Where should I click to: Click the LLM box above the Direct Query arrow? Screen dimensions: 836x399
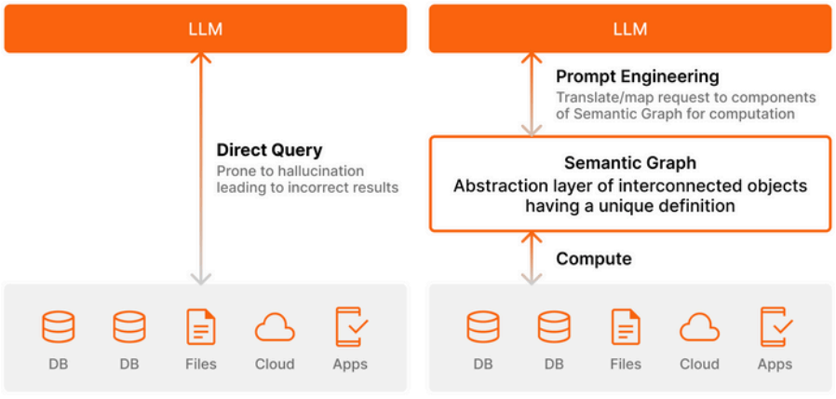(205, 29)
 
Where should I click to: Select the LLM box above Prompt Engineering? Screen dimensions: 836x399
(630, 29)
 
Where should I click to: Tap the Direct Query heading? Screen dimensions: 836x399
(269, 151)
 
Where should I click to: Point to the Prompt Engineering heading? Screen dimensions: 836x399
(637, 77)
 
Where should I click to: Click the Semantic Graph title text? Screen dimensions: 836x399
(630, 163)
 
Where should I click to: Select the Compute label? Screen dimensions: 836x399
(594, 259)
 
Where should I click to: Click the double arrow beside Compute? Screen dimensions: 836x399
(532, 257)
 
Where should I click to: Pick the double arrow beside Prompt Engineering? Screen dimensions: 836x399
(532, 94)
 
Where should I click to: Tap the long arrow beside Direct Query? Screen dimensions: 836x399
(201, 168)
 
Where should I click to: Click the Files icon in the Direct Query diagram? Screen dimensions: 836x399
(201, 327)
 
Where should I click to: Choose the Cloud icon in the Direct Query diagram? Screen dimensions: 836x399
(275, 327)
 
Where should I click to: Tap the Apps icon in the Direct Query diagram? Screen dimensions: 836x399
(351, 326)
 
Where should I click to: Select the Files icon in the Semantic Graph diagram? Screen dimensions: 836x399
(626, 327)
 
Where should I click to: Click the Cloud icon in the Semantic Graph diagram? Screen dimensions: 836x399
(699, 327)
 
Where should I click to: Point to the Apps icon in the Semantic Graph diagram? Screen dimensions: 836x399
(775, 326)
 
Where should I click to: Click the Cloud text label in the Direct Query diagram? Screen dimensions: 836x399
(275, 365)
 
